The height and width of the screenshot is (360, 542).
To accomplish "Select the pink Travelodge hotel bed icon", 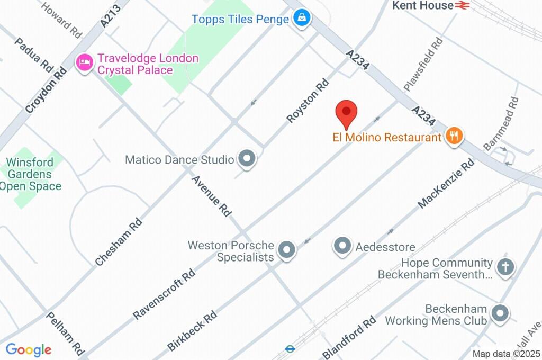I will click(x=84, y=64).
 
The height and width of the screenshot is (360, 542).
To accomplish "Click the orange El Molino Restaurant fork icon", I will click(x=454, y=137).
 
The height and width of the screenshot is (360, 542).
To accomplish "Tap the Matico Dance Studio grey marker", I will click(x=247, y=159).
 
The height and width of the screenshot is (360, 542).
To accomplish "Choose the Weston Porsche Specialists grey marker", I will click(x=287, y=250).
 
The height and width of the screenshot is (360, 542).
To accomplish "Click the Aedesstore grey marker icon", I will click(x=342, y=246).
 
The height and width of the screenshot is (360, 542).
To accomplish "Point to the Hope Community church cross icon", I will click(x=505, y=267).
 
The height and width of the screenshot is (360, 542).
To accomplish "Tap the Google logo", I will click(x=29, y=349).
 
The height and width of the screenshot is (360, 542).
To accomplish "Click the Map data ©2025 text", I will click(x=506, y=354).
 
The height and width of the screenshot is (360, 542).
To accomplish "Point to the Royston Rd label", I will click(x=308, y=101).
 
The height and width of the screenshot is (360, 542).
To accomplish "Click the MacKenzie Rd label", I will click(x=446, y=184).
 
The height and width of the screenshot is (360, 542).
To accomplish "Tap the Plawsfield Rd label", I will click(x=422, y=63).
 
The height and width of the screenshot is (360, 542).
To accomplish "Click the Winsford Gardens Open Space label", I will click(x=30, y=174).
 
